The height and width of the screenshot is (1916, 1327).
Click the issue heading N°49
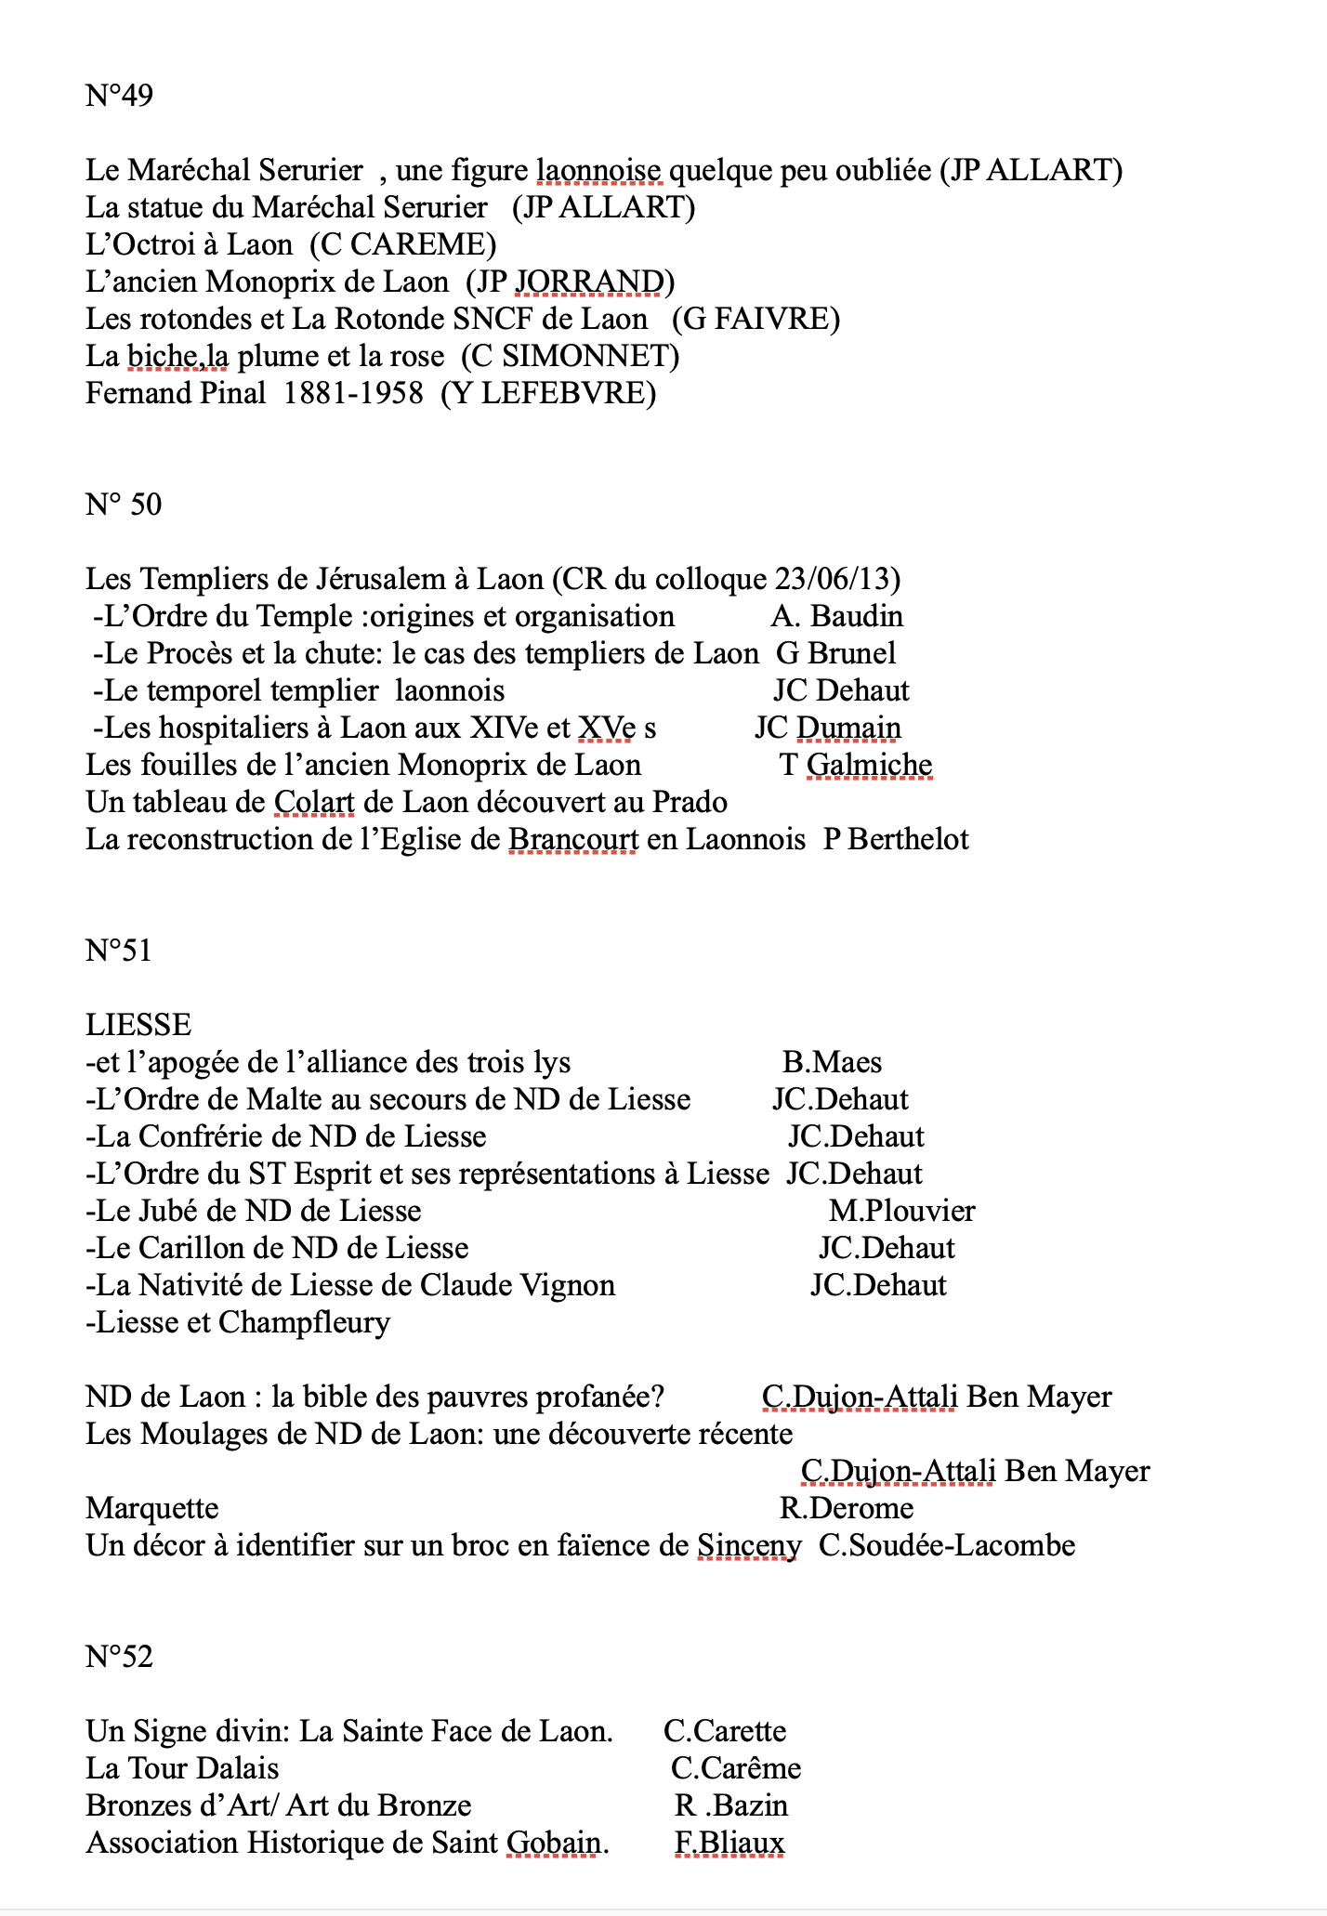tap(119, 96)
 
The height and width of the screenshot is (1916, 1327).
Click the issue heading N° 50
tap(124, 505)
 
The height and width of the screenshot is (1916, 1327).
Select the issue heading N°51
tap(118, 951)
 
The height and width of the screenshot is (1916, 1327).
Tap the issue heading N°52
tap(119, 1657)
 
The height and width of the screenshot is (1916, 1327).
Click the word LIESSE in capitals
tap(138, 1025)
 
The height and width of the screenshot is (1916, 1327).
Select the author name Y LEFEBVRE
tap(548, 393)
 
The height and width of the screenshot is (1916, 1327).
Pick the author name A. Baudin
tap(836, 616)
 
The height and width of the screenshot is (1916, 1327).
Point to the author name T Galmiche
tap(855, 765)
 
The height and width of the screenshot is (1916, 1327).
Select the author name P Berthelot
tap(896, 839)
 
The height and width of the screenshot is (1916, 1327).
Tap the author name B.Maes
tap(832, 1062)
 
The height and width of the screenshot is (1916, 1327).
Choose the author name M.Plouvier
tap(901, 1211)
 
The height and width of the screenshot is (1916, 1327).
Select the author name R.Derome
tap(846, 1508)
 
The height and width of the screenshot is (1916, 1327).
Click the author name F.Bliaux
tap(729, 1843)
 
